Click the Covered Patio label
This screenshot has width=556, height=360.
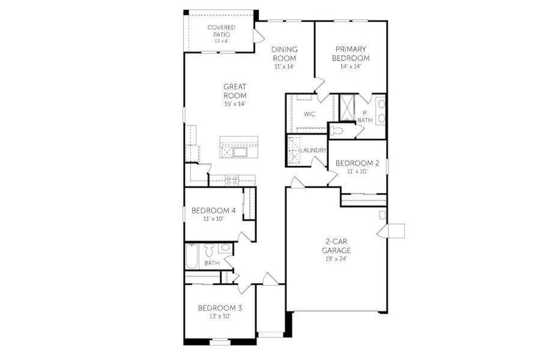coord(221,31)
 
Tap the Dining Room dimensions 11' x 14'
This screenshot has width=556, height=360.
coord(285,67)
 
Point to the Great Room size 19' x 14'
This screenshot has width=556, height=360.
coord(235,104)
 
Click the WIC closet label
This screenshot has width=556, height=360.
coord(309,114)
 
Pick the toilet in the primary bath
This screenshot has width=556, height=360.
coord(337,130)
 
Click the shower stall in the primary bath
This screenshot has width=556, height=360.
coord(347,107)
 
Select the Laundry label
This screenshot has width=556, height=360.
coord(313,150)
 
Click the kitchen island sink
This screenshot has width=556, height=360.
coord(240,152)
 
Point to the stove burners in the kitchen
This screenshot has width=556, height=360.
coord(232,179)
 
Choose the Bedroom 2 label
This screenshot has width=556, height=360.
coord(357,163)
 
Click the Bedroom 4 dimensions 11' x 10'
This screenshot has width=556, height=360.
coord(213,220)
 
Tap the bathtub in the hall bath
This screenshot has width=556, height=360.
coord(192,256)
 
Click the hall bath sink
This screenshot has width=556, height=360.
coord(225,247)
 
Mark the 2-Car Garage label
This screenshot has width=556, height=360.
coord(336,246)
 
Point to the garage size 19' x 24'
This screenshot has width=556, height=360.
coord(336,259)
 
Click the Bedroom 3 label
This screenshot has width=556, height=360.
coord(220,308)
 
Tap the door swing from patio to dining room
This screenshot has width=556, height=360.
coord(258,36)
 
